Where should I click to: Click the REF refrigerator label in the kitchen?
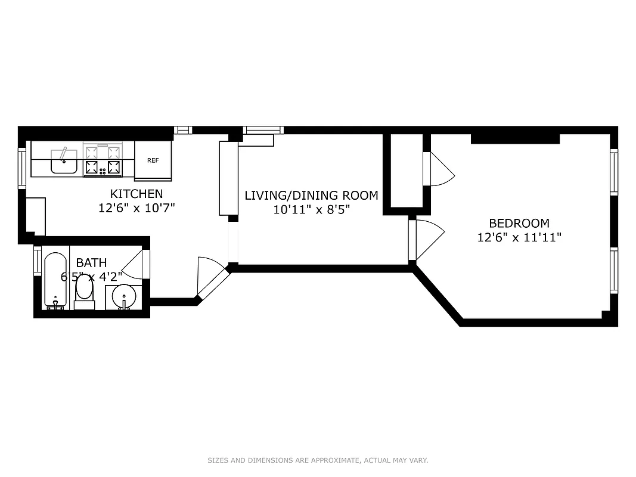(153, 160)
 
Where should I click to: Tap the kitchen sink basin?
(63, 161)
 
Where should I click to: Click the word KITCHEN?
(136, 194)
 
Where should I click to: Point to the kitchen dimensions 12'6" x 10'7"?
(136, 208)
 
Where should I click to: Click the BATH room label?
(91, 262)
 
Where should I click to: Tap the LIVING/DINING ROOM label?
(311, 196)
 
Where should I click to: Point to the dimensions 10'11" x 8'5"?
(311, 209)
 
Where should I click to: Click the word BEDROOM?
(519, 224)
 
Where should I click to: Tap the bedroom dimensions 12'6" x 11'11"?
(519, 237)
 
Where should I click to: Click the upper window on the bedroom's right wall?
(613, 172)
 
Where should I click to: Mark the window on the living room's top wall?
(263, 130)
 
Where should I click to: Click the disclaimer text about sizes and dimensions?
(318, 460)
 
